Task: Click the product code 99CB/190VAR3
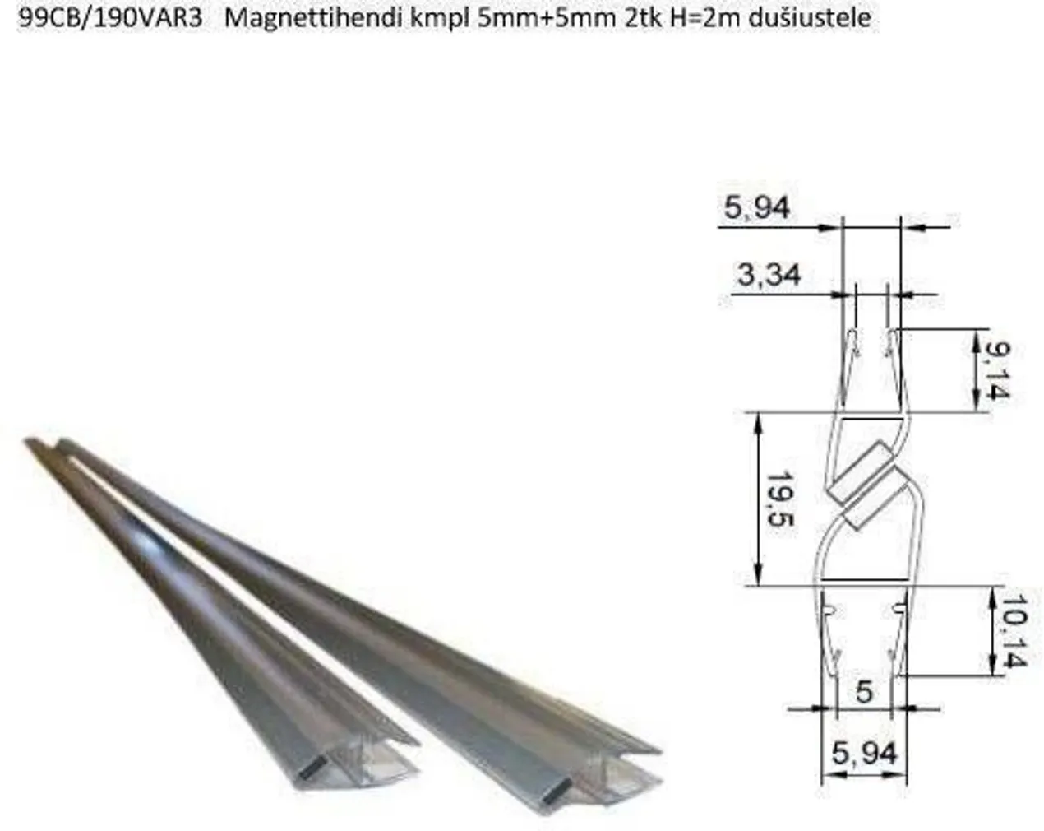point(109,18)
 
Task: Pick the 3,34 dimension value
point(769,275)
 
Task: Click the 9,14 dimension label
point(994,371)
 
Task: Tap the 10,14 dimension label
point(1014,631)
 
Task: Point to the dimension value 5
point(863,691)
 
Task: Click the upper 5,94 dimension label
point(756,207)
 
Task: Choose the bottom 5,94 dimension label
point(864,752)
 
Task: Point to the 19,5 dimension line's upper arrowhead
point(759,420)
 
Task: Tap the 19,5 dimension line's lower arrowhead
point(759,578)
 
